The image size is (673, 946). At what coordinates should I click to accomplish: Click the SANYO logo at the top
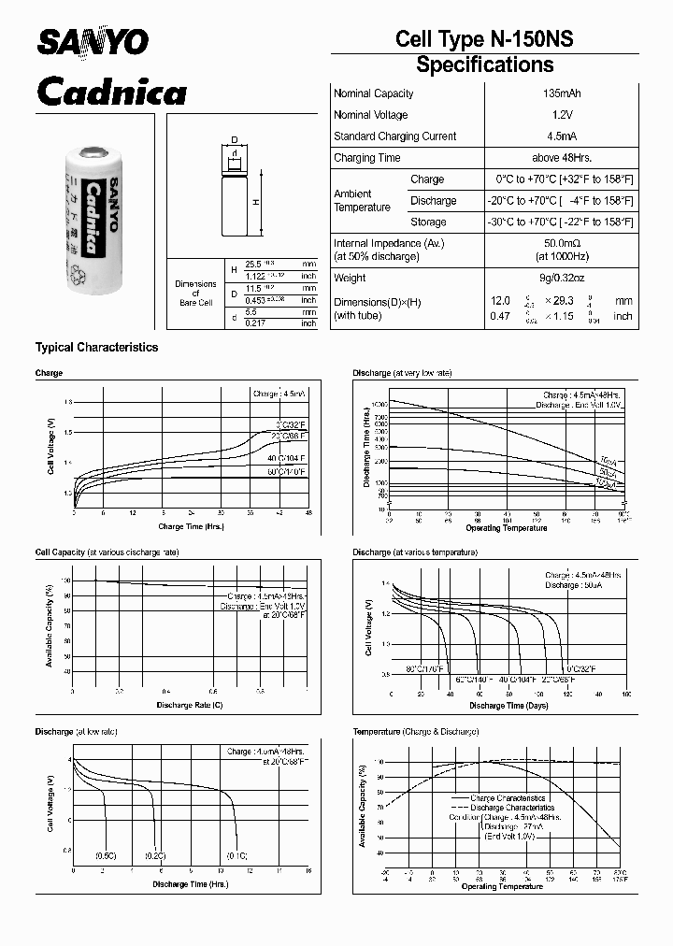92,41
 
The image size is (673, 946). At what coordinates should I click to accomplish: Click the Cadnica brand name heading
110,92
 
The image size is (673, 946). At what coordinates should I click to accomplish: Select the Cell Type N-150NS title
484,38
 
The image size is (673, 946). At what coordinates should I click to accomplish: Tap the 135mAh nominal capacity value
559,93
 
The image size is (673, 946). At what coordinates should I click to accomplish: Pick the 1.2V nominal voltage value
559,115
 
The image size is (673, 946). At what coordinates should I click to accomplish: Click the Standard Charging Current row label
394,136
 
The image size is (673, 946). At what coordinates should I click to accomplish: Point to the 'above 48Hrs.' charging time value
559,158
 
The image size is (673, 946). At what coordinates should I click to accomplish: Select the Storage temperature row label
428,222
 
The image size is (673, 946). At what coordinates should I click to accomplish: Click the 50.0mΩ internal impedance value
559,243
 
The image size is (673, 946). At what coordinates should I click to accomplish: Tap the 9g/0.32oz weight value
559,278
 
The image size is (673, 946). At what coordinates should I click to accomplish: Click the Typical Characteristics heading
96,348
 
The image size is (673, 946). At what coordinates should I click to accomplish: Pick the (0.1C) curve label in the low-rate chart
236,855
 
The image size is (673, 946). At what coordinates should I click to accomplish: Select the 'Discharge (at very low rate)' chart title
401,373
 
